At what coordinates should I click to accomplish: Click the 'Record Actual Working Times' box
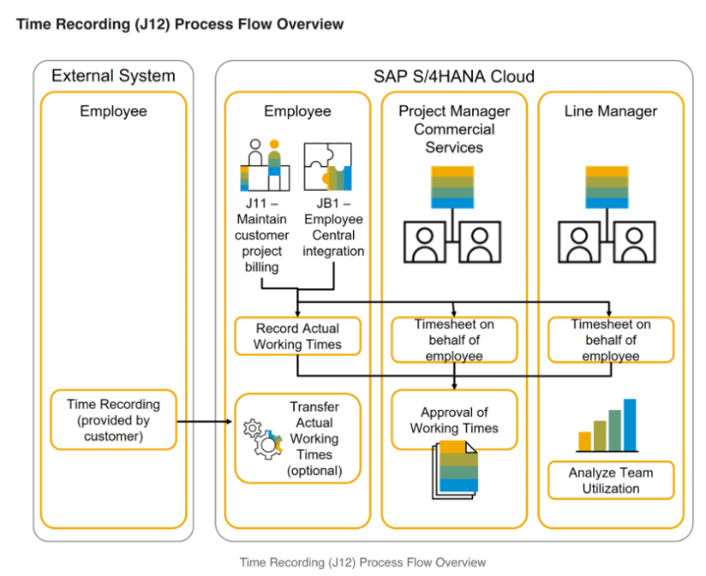tap(297, 336)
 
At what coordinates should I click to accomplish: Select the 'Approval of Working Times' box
tap(454, 420)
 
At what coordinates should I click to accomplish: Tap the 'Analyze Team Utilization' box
tap(611, 480)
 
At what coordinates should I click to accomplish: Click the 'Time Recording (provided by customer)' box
tap(114, 420)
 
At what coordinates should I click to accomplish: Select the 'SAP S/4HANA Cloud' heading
tap(454, 76)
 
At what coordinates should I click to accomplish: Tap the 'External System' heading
tap(113, 76)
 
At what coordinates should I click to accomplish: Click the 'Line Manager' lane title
tap(611, 111)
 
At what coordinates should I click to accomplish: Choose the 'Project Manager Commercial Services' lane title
tap(454, 129)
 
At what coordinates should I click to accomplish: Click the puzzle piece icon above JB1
tap(327, 166)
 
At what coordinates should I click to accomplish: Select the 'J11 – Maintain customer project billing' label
tap(262, 236)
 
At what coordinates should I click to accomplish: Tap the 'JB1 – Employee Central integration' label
tap(333, 228)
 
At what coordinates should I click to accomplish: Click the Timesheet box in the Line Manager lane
tap(611, 340)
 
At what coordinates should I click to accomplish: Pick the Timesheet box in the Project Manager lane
tap(454, 340)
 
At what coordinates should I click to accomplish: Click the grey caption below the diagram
tap(362, 562)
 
